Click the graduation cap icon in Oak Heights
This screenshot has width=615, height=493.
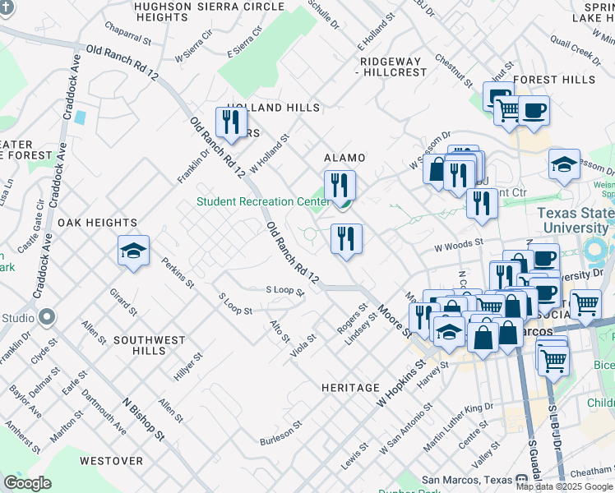[x=133, y=252]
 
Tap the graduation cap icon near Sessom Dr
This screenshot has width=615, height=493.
[x=564, y=165]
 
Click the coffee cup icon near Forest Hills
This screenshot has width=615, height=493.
[x=533, y=110]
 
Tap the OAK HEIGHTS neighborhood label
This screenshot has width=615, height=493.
[x=97, y=223]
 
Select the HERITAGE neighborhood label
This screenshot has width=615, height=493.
[x=350, y=387]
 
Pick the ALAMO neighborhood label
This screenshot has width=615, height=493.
[x=344, y=157]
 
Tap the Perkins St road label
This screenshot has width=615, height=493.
[x=178, y=274]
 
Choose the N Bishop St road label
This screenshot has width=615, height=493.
[x=143, y=417]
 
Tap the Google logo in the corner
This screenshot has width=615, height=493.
[x=28, y=483]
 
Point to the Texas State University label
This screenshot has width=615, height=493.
[x=575, y=219]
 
